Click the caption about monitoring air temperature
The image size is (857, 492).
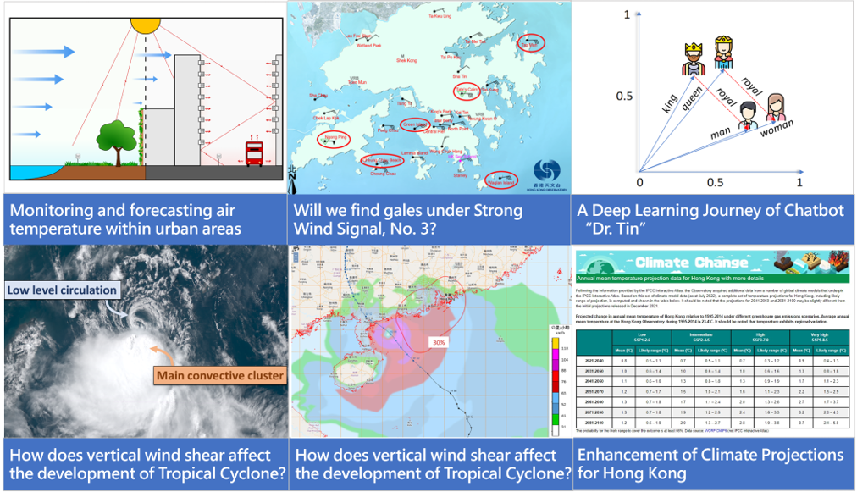click(x=123, y=219)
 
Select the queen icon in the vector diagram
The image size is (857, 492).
click(x=722, y=50)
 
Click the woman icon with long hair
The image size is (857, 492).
click(x=776, y=108)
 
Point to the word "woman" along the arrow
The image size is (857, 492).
click(x=777, y=131)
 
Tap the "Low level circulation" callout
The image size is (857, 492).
click(x=62, y=290)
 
